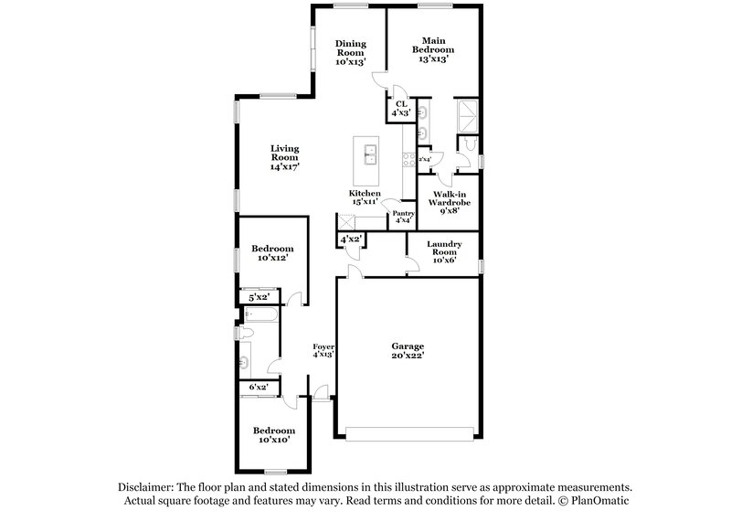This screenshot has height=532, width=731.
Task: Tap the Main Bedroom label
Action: coord(432,48)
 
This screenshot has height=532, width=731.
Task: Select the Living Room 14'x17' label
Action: coord(284,158)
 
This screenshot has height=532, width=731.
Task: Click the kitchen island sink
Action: coord(371,153)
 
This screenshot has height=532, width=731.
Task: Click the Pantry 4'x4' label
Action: coord(403,217)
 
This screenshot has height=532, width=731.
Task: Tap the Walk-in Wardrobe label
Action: coord(451,202)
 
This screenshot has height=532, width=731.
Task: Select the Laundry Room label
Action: coord(443,251)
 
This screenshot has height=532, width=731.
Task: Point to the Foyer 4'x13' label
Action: coord(323,351)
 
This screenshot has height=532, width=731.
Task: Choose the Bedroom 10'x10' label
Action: coord(273,435)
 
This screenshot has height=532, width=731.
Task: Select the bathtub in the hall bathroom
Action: coord(261,315)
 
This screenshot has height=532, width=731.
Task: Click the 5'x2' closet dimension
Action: coord(260,297)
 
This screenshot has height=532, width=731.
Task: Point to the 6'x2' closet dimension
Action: coord(260,388)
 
